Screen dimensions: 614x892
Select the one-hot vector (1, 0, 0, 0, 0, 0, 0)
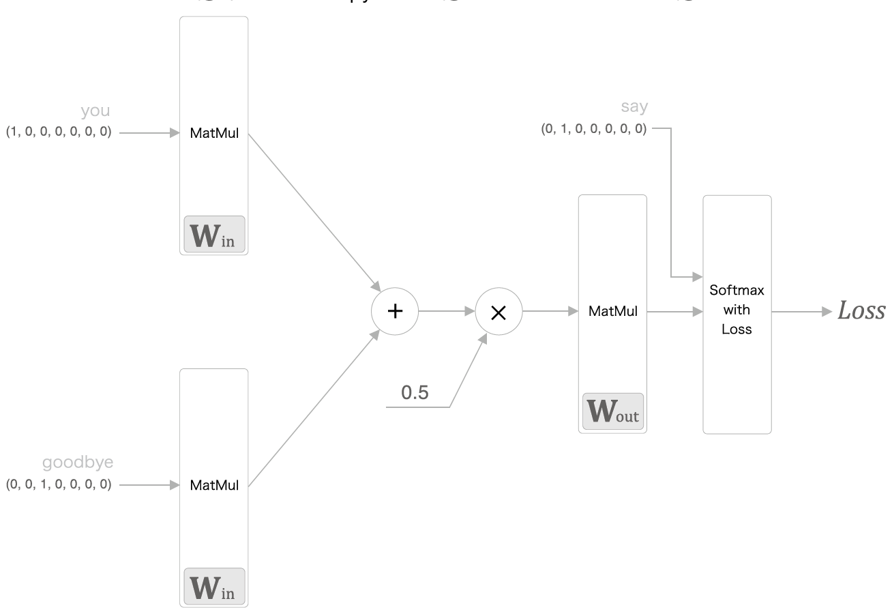[59, 132]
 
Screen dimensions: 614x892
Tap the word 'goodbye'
[78, 463]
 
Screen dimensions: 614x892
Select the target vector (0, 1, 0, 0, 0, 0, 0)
[593, 128]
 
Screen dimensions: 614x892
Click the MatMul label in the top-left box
[214, 133]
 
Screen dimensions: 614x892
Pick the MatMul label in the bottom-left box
[214, 485]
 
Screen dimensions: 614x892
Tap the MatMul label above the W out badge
[613, 312]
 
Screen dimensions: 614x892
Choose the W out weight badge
[612, 411]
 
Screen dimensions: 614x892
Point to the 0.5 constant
[415, 394]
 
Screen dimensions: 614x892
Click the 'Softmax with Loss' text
[737, 310]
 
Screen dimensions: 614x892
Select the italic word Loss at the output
[861, 310]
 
